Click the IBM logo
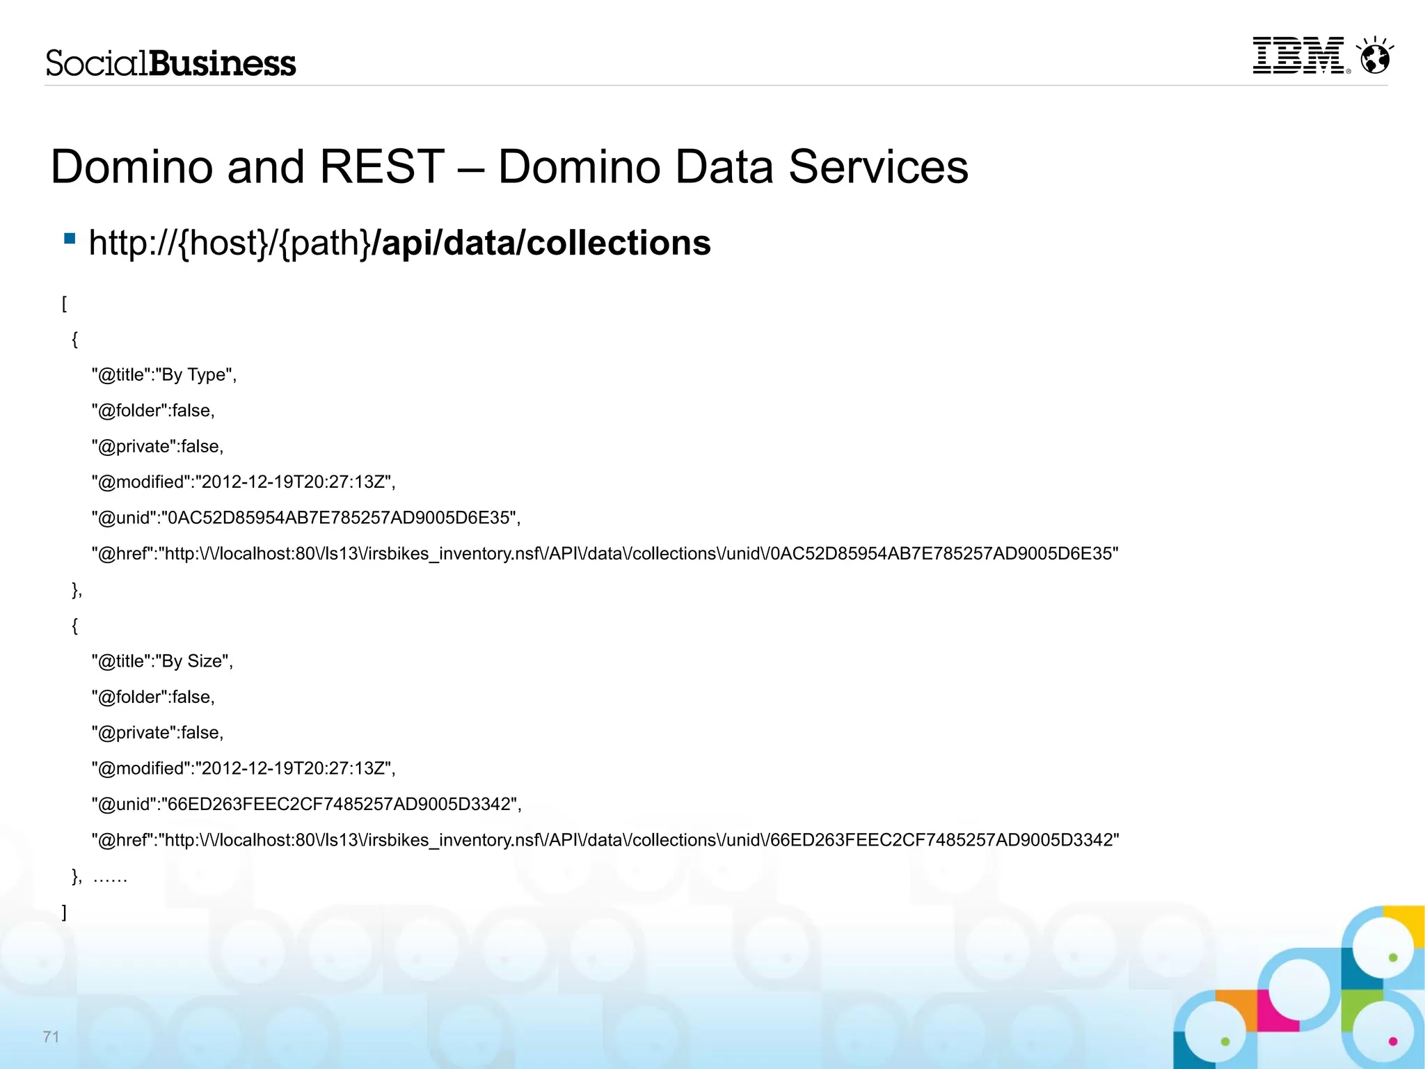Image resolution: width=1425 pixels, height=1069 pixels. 1298,55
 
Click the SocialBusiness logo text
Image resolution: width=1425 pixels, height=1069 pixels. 170,63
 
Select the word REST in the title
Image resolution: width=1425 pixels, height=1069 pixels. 381,167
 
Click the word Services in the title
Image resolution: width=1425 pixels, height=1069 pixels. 878,167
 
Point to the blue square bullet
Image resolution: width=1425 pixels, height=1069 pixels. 70,239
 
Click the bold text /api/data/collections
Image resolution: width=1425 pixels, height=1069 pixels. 541,243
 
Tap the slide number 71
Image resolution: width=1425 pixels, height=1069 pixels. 51,1037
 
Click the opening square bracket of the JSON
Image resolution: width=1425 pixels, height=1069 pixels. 64,303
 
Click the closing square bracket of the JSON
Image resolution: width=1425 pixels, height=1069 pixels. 64,912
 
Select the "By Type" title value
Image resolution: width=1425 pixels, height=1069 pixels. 193,375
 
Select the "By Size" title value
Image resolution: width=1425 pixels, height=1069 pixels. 192,661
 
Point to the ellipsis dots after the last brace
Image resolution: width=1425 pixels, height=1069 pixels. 110,879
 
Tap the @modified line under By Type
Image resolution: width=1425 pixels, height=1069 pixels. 244,482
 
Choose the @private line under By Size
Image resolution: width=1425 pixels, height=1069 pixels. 157,733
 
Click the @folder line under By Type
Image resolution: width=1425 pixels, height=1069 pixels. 153,411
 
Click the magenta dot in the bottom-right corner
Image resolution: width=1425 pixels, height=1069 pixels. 1393,1041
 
